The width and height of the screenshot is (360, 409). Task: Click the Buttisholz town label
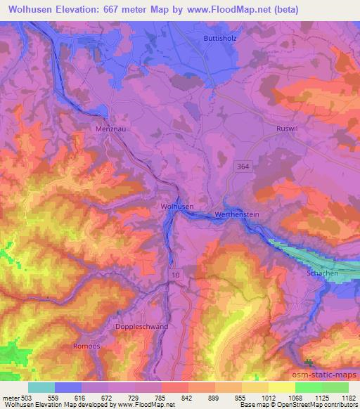tap(219, 38)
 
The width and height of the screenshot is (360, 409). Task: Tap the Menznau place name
tap(108, 129)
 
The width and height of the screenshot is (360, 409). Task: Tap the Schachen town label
tap(322, 273)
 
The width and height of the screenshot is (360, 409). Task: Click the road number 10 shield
tap(174, 275)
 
